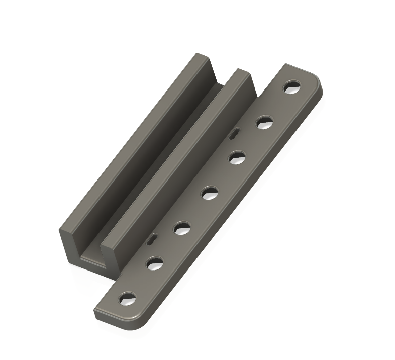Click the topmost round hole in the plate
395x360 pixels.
[290, 87]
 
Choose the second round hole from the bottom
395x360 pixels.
[155, 262]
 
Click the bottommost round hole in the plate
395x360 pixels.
[126, 300]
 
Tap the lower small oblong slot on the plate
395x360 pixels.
[151, 240]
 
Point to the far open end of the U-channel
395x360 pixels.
[222, 82]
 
